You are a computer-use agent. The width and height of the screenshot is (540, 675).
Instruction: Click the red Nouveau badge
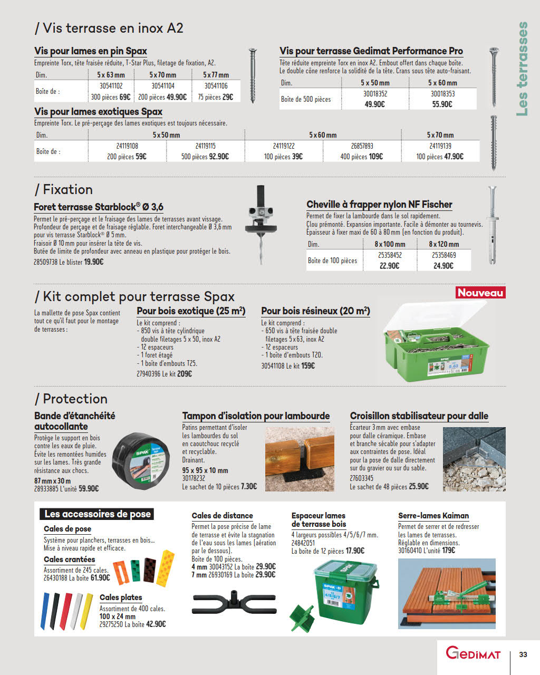(480, 293)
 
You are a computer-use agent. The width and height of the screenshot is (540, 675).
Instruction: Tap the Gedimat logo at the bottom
(473, 653)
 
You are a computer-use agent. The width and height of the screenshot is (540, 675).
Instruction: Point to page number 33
(523, 654)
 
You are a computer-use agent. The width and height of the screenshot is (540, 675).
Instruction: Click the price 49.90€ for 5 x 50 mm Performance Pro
(374, 104)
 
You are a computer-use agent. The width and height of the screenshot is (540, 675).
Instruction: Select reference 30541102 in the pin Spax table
(111, 86)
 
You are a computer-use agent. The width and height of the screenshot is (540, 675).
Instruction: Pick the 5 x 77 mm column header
(216, 75)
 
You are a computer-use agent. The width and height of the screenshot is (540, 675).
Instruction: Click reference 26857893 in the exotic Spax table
(362, 146)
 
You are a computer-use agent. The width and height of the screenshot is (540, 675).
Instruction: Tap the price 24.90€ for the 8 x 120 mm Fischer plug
(443, 266)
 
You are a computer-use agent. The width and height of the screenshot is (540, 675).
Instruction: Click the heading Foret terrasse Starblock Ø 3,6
(99, 207)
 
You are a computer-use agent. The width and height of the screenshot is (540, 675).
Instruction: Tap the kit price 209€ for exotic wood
(184, 374)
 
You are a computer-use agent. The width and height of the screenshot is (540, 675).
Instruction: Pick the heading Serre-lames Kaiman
(433, 516)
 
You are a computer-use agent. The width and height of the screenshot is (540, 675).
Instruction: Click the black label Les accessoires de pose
(98, 514)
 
